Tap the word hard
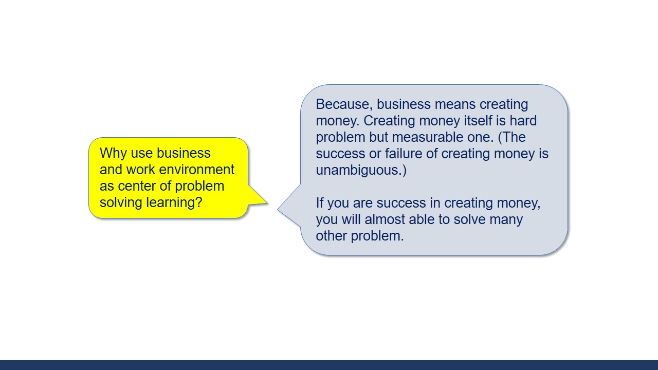click(523, 121)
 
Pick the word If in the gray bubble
click(319, 203)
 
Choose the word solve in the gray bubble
click(469, 219)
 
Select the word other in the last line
click(332, 236)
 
